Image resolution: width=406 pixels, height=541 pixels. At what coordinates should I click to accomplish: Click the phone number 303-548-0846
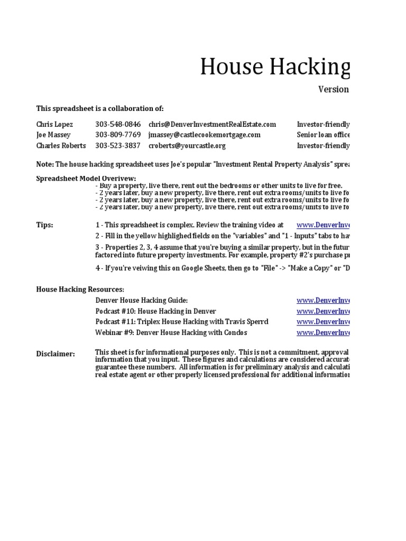pos(118,125)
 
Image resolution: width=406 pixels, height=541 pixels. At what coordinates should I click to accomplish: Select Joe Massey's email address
pos(204,135)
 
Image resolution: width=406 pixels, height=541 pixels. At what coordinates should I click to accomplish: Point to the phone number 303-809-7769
pos(118,135)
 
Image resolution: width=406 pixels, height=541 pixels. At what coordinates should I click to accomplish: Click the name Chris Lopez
pos(54,125)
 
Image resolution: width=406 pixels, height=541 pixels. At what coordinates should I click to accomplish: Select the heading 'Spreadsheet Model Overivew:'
pos(86,179)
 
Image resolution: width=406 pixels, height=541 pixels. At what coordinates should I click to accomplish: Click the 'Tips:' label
pos(44,225)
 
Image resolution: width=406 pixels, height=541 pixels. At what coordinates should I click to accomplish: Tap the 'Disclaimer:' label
pos(56,353)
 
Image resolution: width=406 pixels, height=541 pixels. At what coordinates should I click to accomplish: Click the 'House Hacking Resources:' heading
pos(80,290)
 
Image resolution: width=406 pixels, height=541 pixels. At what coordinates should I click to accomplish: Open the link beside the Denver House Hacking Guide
pos(322,301)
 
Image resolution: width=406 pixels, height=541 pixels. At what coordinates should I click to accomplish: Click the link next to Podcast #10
pos(322,311)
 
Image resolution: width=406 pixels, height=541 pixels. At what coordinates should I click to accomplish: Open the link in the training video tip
pos(322,225)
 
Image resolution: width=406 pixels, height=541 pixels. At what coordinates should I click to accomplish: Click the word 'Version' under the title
pos(333,89)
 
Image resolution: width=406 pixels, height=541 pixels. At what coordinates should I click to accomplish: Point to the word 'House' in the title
pos(230,67)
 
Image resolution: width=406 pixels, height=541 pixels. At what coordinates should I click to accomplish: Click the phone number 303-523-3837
pos(118,145)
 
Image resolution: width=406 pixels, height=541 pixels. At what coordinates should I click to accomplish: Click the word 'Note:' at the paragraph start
pos(44,164)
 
